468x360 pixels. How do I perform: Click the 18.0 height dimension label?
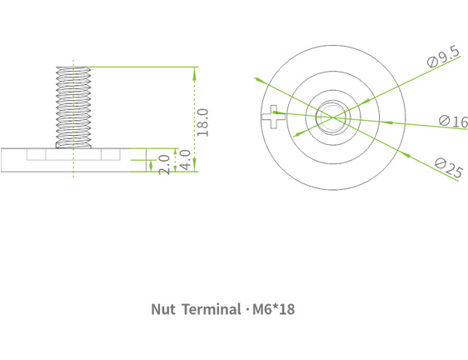(x=202, y=122)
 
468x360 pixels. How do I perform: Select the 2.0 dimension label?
(x=164, y=163)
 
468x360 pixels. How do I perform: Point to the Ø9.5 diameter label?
(x=442, y=57)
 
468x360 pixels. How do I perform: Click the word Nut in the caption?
(x=162, y=309)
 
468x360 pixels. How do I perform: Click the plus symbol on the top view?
(x=272, y=118)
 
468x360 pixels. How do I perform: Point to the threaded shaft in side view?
(x=73, y=104)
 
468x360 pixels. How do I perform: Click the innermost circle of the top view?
(x=331, y=108)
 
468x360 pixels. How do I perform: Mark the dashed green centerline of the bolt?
(x=73, y=171)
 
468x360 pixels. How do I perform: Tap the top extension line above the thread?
(x=142, y=67)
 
